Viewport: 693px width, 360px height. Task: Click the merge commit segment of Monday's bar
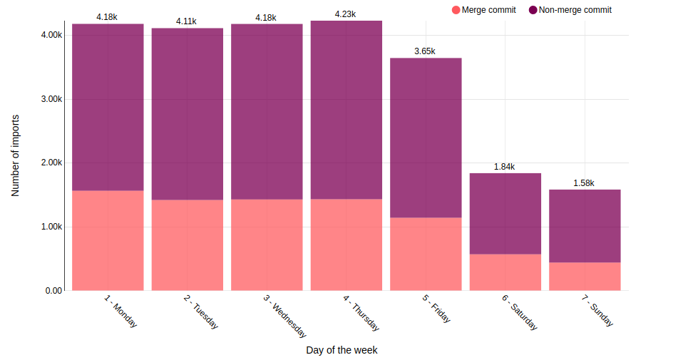pyautogui.click(x=108, y=240)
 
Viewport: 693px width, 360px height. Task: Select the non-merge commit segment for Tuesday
pyautogui.click(x=187, y=114)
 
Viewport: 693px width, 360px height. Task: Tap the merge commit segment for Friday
pyautogui.click(x=426, y=254)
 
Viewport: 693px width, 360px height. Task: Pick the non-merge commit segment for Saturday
pyautogui.click(x=505, y=213)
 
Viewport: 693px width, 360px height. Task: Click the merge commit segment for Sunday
pyautogui.click(x=585, y=276)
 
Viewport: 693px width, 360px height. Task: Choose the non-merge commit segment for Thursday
pyautogui.click(x=346, y=110)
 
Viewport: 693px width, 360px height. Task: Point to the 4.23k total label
pyautogui.click(x=346, y=14)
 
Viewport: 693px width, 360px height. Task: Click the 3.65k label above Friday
pyautogui.click(x=425, y=51)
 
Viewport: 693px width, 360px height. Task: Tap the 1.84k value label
pyautogui.click(x=505, y=167)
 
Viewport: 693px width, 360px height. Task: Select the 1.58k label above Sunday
pyautogui.click(x=584, y=183)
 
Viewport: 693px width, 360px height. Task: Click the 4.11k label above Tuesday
pyautogui.click(x=187, y=21)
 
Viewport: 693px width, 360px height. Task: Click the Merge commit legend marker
pyautogui.click(x=456, y=10)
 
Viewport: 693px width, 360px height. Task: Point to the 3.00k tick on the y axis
pyautogui.click(x=51, y=99)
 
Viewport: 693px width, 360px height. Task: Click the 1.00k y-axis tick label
pyautogui.click(x=51, y=227)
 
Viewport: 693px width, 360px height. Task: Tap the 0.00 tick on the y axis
pyautogui.click(x=53, y=291)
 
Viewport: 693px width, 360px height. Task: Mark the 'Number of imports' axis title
pyautogui.click(x=15, y=155)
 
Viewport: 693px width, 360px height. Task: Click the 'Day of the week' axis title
pyautogui.click(x=342, y=350)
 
